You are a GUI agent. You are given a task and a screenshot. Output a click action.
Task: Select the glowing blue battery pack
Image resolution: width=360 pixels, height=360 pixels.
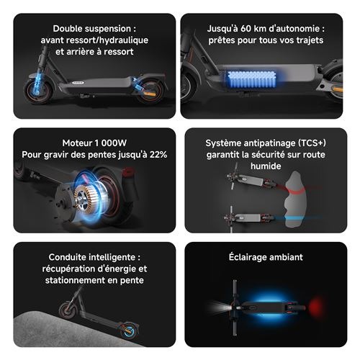point(251,79)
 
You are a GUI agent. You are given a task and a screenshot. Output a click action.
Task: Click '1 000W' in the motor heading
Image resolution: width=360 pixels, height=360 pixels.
point(111,143)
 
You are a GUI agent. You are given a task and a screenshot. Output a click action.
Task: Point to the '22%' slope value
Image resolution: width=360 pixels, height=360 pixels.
point(158,155)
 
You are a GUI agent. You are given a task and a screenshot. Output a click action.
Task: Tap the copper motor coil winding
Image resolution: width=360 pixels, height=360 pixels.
point(84,198)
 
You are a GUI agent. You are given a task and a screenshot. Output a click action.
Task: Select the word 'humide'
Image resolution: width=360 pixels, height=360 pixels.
point(266,166)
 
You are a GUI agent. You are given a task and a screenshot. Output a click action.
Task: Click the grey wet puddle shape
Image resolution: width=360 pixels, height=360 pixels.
point(296,199)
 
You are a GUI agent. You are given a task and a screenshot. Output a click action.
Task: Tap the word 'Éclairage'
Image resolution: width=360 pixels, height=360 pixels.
point(248,257)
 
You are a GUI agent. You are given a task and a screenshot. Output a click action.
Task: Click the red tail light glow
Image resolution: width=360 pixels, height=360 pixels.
point(316,307)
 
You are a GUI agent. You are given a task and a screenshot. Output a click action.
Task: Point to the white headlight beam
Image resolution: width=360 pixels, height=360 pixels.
point(220,307)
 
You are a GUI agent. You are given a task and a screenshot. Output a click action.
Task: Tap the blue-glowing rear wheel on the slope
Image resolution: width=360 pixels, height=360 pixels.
point(128,330)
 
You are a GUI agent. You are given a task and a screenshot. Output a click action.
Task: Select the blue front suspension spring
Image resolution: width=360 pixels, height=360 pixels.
point(38,84)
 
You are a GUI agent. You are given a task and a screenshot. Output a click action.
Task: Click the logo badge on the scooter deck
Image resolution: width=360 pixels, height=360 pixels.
point(78,83)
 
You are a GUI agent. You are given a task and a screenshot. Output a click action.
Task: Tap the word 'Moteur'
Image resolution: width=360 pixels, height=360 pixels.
point(77,143)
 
